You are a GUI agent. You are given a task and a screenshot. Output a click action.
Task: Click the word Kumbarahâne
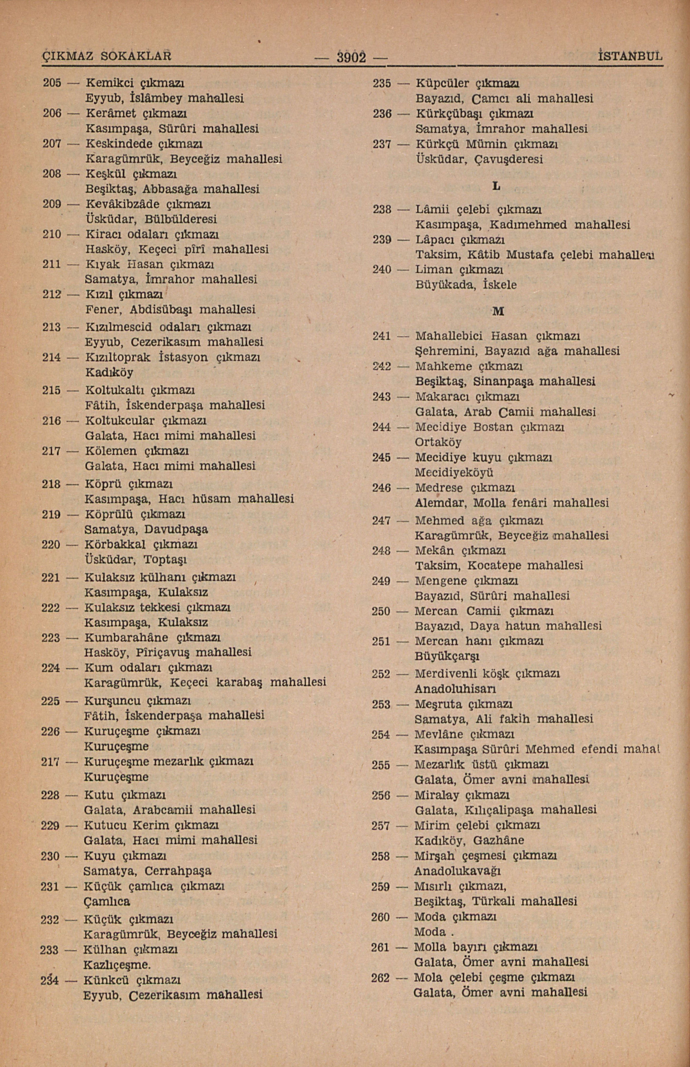[x=126, y=637]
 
